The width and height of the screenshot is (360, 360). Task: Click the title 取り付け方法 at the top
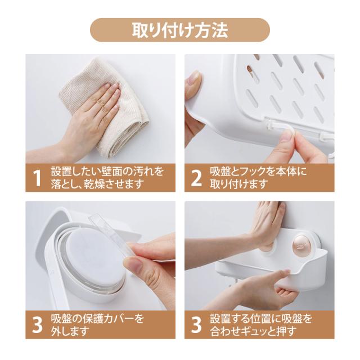point(180,30)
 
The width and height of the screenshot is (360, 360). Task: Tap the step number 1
point(37,178)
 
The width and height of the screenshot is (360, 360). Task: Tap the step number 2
point(196,178)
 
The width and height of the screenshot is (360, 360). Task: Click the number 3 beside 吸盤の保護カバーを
point(37,325)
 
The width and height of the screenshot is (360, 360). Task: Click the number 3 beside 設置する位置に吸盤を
point(196,325)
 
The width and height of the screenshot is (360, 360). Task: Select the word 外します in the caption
point(70,331)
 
